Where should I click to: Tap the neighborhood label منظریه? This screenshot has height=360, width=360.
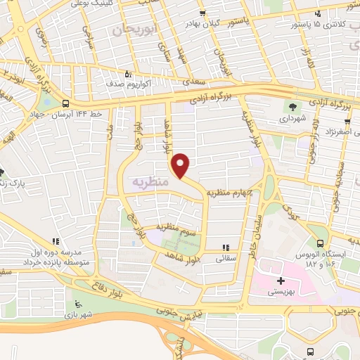pos(150,181)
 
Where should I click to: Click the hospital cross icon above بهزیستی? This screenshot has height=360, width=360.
pos(281,281)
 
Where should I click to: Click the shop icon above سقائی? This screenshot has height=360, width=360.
pos(226,247)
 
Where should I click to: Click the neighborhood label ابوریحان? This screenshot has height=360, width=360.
pos(131,29)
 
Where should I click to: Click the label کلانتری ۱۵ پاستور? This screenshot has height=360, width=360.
pos(324,25)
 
